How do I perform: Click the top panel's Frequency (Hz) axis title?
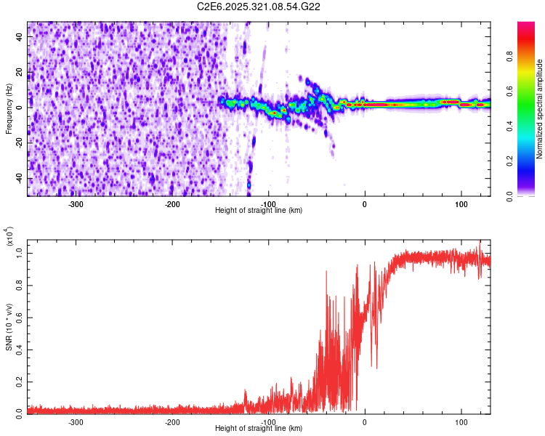[x=9, y=109]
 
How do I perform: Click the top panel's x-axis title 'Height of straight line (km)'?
[x=259, y=211]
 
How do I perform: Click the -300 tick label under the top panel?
[x=76, y=204]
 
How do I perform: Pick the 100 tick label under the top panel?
[x=461, y=204]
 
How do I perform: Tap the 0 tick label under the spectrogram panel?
[x=365, y=204]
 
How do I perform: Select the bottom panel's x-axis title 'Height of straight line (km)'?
[x=259, y=429]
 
